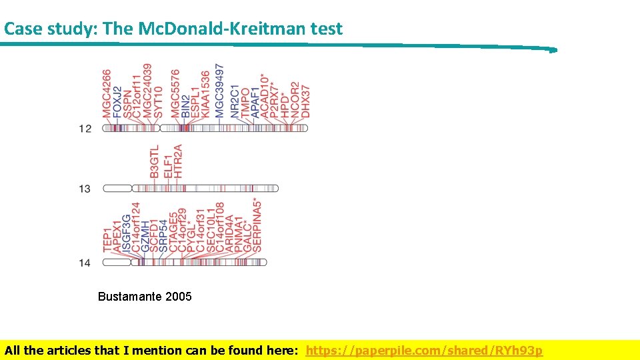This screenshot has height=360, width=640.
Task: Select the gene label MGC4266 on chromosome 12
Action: [107, 93]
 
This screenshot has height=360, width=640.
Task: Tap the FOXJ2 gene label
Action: [117, 102]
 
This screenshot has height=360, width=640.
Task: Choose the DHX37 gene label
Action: [306, 101]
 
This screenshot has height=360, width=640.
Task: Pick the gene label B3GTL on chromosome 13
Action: [155, 161]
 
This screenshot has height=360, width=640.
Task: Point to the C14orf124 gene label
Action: [136, 227]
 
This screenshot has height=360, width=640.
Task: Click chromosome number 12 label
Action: [85, 128]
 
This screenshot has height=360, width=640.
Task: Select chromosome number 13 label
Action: [85, 189]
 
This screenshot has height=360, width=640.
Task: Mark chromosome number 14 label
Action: [85, 263]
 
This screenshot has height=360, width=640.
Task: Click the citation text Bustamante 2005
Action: [145, 297]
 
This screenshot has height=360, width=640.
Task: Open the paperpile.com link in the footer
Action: [424, 351]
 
